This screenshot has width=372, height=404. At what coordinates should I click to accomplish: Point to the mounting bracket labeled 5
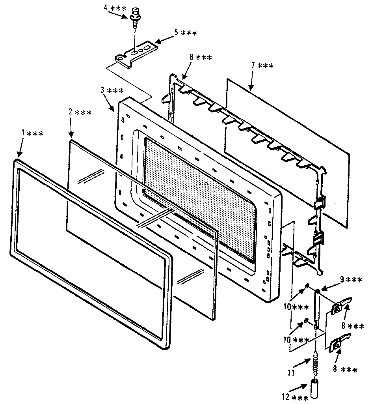(x=136, y=53)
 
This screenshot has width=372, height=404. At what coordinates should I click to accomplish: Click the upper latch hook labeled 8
(x=341, y=306)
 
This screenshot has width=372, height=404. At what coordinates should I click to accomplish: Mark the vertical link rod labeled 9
(x=317, y=308)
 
